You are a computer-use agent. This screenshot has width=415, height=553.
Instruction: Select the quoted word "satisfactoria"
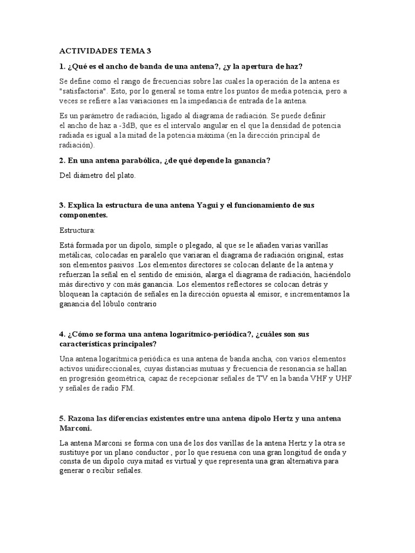click(x=84, y=91)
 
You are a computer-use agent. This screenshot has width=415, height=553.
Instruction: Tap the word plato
click(x=126, y=175)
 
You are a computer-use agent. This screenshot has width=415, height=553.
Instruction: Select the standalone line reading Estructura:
click(x=77, y=231)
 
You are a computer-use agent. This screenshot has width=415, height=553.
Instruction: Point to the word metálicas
click(x=76, y=255)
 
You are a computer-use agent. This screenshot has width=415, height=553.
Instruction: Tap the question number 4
click(x=62, y=334)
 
